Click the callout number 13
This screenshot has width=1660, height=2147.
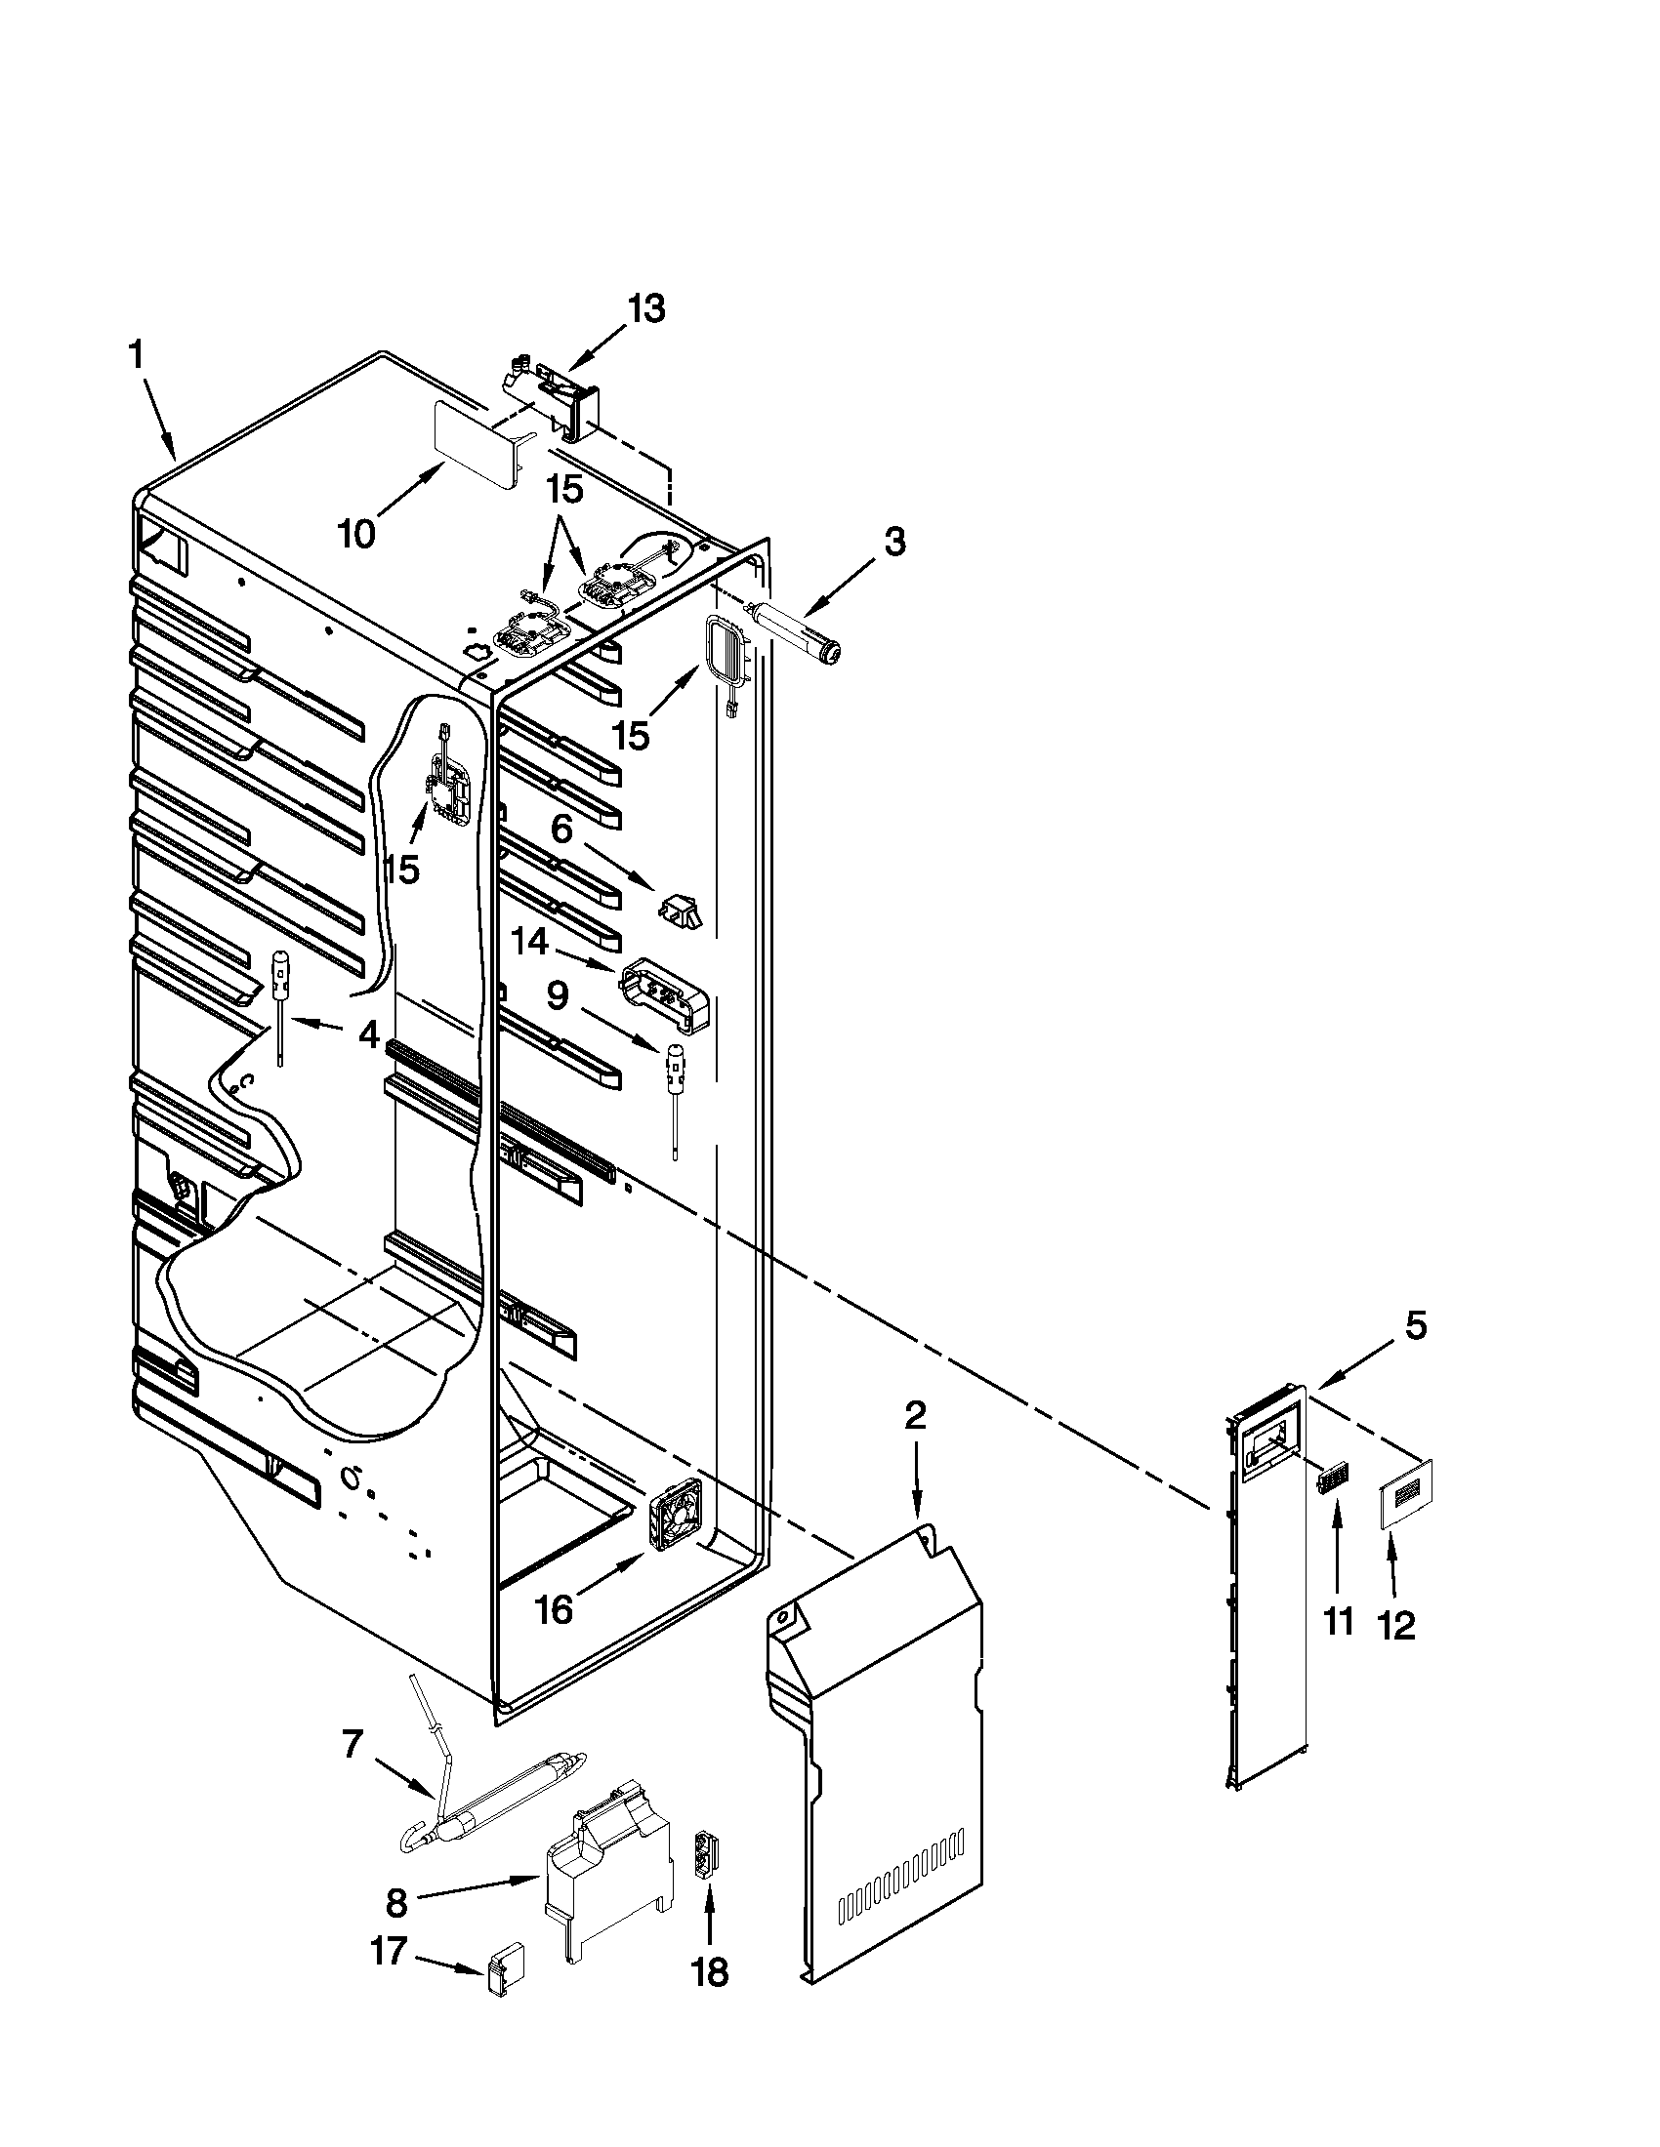pos(646,309)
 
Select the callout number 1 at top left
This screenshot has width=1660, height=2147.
pos(138,355)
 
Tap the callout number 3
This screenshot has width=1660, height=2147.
pos(892,542)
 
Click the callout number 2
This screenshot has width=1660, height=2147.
pos(916,1415)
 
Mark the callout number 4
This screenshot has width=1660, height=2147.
pos(368,1034)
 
